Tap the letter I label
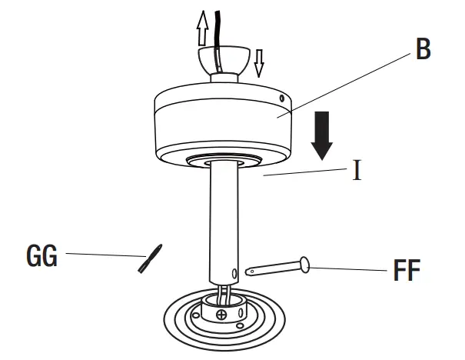pyautogui.click(x=357, y=170)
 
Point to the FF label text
pyautogui.click(x=406, y=272)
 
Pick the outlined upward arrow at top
pyautogui.click(x=203, y=29)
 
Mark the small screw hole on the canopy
pyautogui.click(x=282, y=98)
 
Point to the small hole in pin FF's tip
pyautogui.click(x=249, y=272)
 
